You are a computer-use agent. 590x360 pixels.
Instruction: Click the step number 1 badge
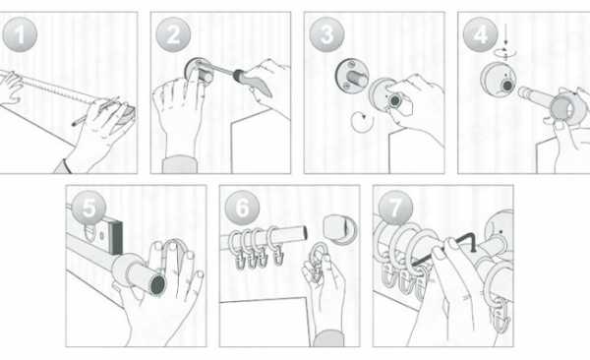[x=20, y=34]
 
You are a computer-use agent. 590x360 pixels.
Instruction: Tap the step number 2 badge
[x=173, y=34]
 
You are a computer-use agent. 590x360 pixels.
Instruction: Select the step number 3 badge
[x=326, y=34]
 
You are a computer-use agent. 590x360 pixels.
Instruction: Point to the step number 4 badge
[x=480, y=34]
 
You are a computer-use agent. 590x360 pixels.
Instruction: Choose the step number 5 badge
[x=88, y=208]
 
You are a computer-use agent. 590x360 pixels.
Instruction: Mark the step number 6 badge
[x=242, y=208]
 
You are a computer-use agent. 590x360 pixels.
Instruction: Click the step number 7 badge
[x=396, y=208]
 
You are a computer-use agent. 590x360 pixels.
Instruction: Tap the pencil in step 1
[x=94, y=112]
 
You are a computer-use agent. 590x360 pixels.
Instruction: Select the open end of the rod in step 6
[x=304, y=232]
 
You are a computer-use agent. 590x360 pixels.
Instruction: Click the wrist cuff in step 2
[x=179, y=165]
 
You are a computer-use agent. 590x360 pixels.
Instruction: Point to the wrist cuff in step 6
[x=328, y=338]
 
